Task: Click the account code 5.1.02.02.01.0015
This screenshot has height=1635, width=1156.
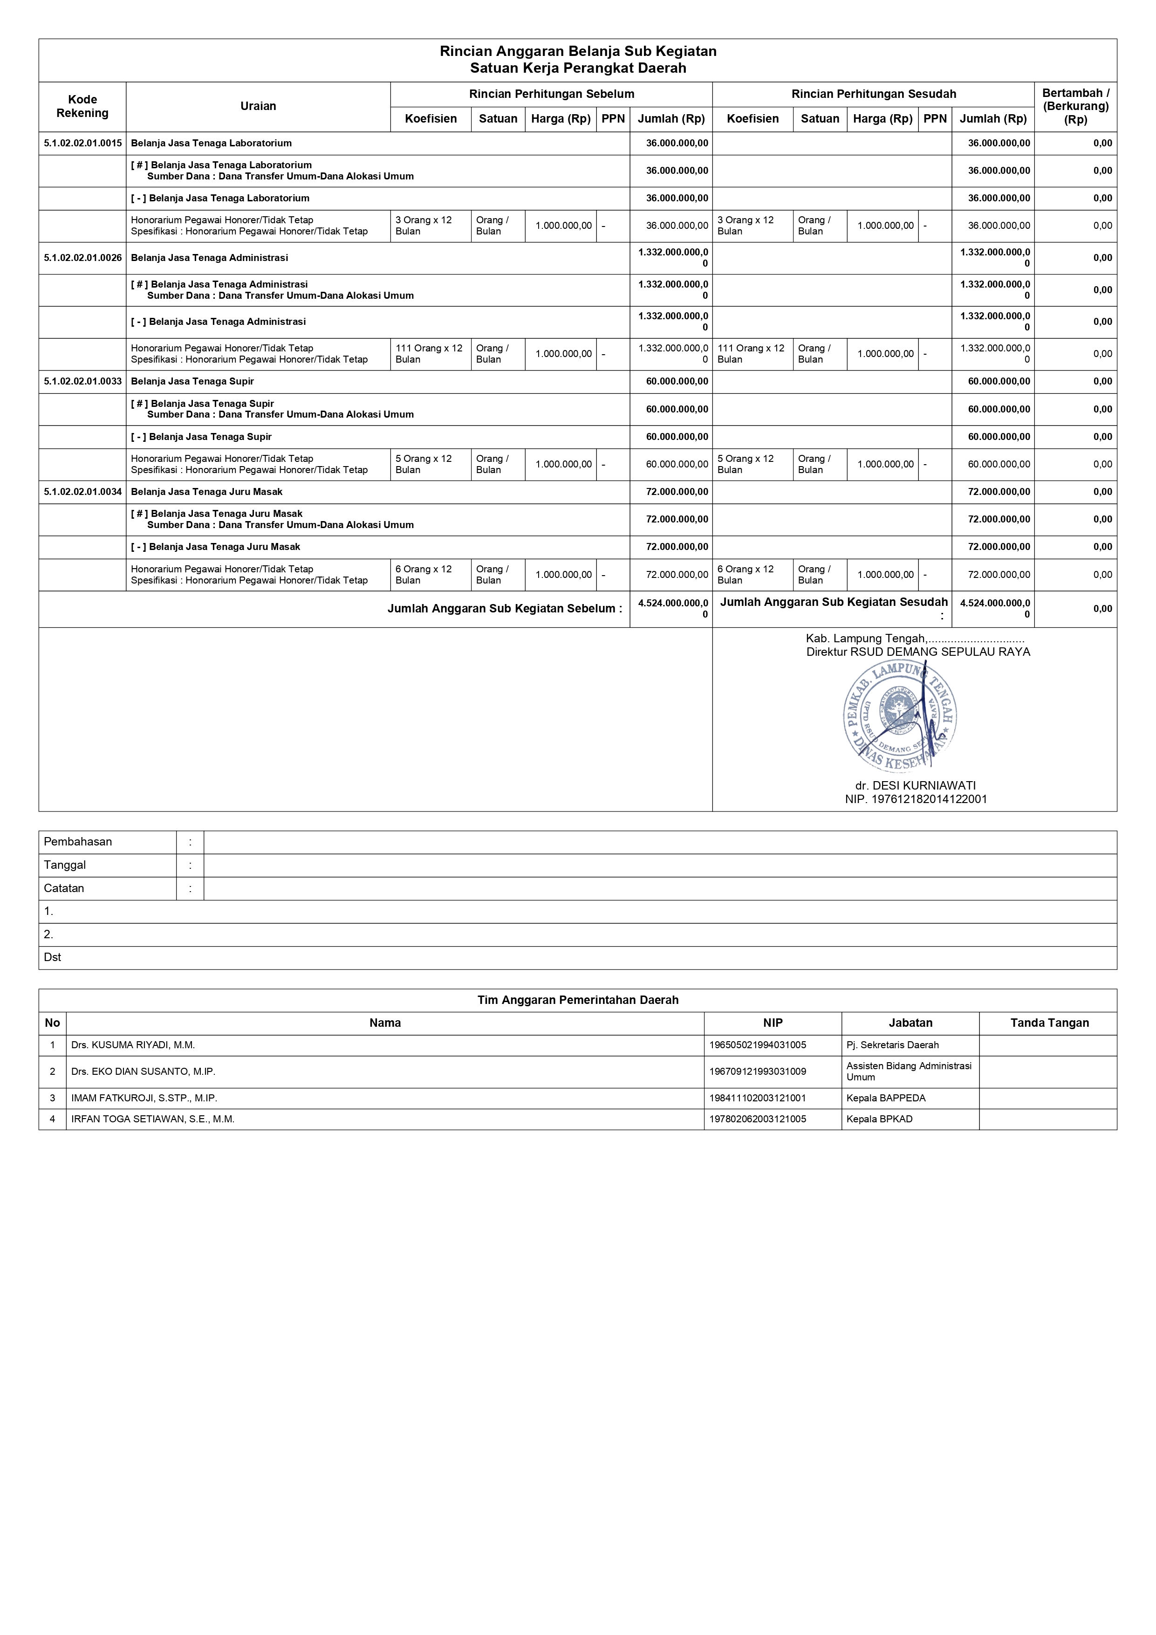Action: click(x=82, y=143)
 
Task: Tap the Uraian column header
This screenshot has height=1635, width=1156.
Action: click(x=258, y=106)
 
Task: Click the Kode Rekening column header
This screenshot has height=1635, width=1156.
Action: click(x=82, y=106)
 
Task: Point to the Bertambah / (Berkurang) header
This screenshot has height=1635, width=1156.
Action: click(x=1075, y=106)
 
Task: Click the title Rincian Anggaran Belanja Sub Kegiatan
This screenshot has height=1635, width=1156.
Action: click(x=577, y=51)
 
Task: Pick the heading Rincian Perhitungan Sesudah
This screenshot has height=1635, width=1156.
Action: click(x=873, y=94)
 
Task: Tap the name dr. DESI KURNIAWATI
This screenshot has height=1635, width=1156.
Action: click(x=916, y=785)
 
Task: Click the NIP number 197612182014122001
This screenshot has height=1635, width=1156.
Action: click(x=916, y=799)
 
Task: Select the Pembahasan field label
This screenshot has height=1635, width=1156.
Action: click(x=78, y=842)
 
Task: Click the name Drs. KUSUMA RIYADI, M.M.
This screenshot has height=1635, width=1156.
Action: click(x=133, y=1044)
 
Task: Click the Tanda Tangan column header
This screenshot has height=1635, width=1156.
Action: click(x=1049, y=1023)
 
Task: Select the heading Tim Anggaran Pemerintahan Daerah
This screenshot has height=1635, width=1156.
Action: click(x=577, y=1000)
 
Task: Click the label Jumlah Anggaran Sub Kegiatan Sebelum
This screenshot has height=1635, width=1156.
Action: click(x=504, y=609)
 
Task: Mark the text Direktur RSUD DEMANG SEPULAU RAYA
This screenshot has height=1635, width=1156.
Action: click(x=917, y=652)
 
